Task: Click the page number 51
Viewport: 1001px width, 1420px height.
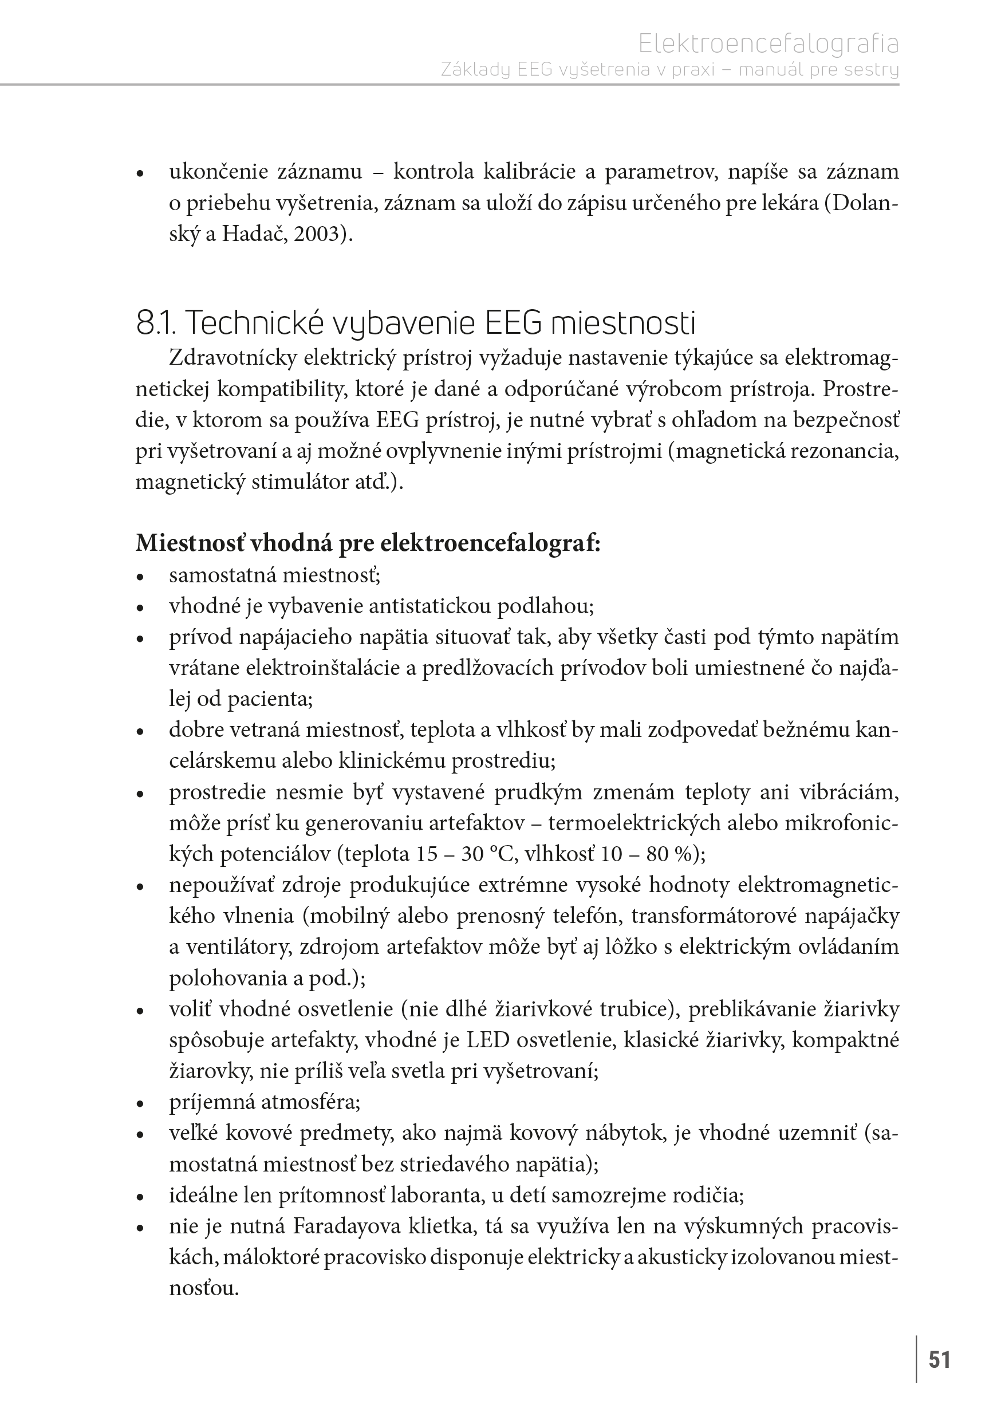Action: pos(939,1359)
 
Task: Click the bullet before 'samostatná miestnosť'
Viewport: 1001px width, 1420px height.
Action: pos(140,577)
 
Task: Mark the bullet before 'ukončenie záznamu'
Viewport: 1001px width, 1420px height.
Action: pos(140,174)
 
